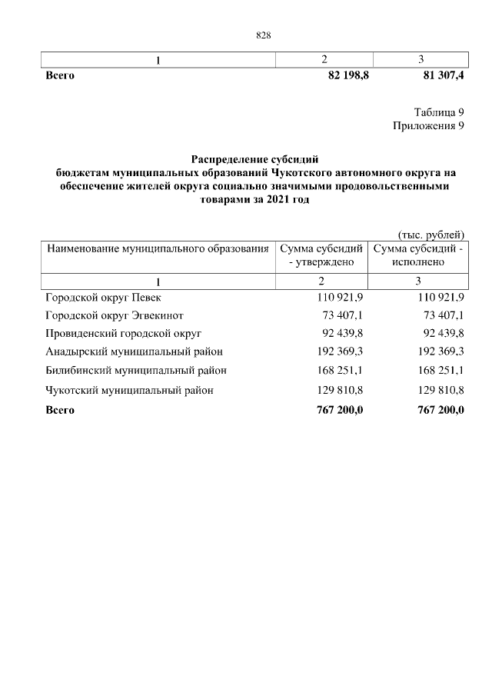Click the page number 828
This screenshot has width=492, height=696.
264,35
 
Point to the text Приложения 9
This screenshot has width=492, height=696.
428,126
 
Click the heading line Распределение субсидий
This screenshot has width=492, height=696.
254,158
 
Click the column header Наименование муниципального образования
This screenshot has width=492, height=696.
158,248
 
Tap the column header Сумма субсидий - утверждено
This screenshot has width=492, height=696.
321,255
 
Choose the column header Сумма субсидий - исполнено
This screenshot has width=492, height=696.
419,255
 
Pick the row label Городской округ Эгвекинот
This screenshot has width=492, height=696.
115,315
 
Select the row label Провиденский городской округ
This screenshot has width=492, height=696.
123,334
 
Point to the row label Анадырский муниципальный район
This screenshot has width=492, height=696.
134,352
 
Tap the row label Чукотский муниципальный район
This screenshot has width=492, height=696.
129,390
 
